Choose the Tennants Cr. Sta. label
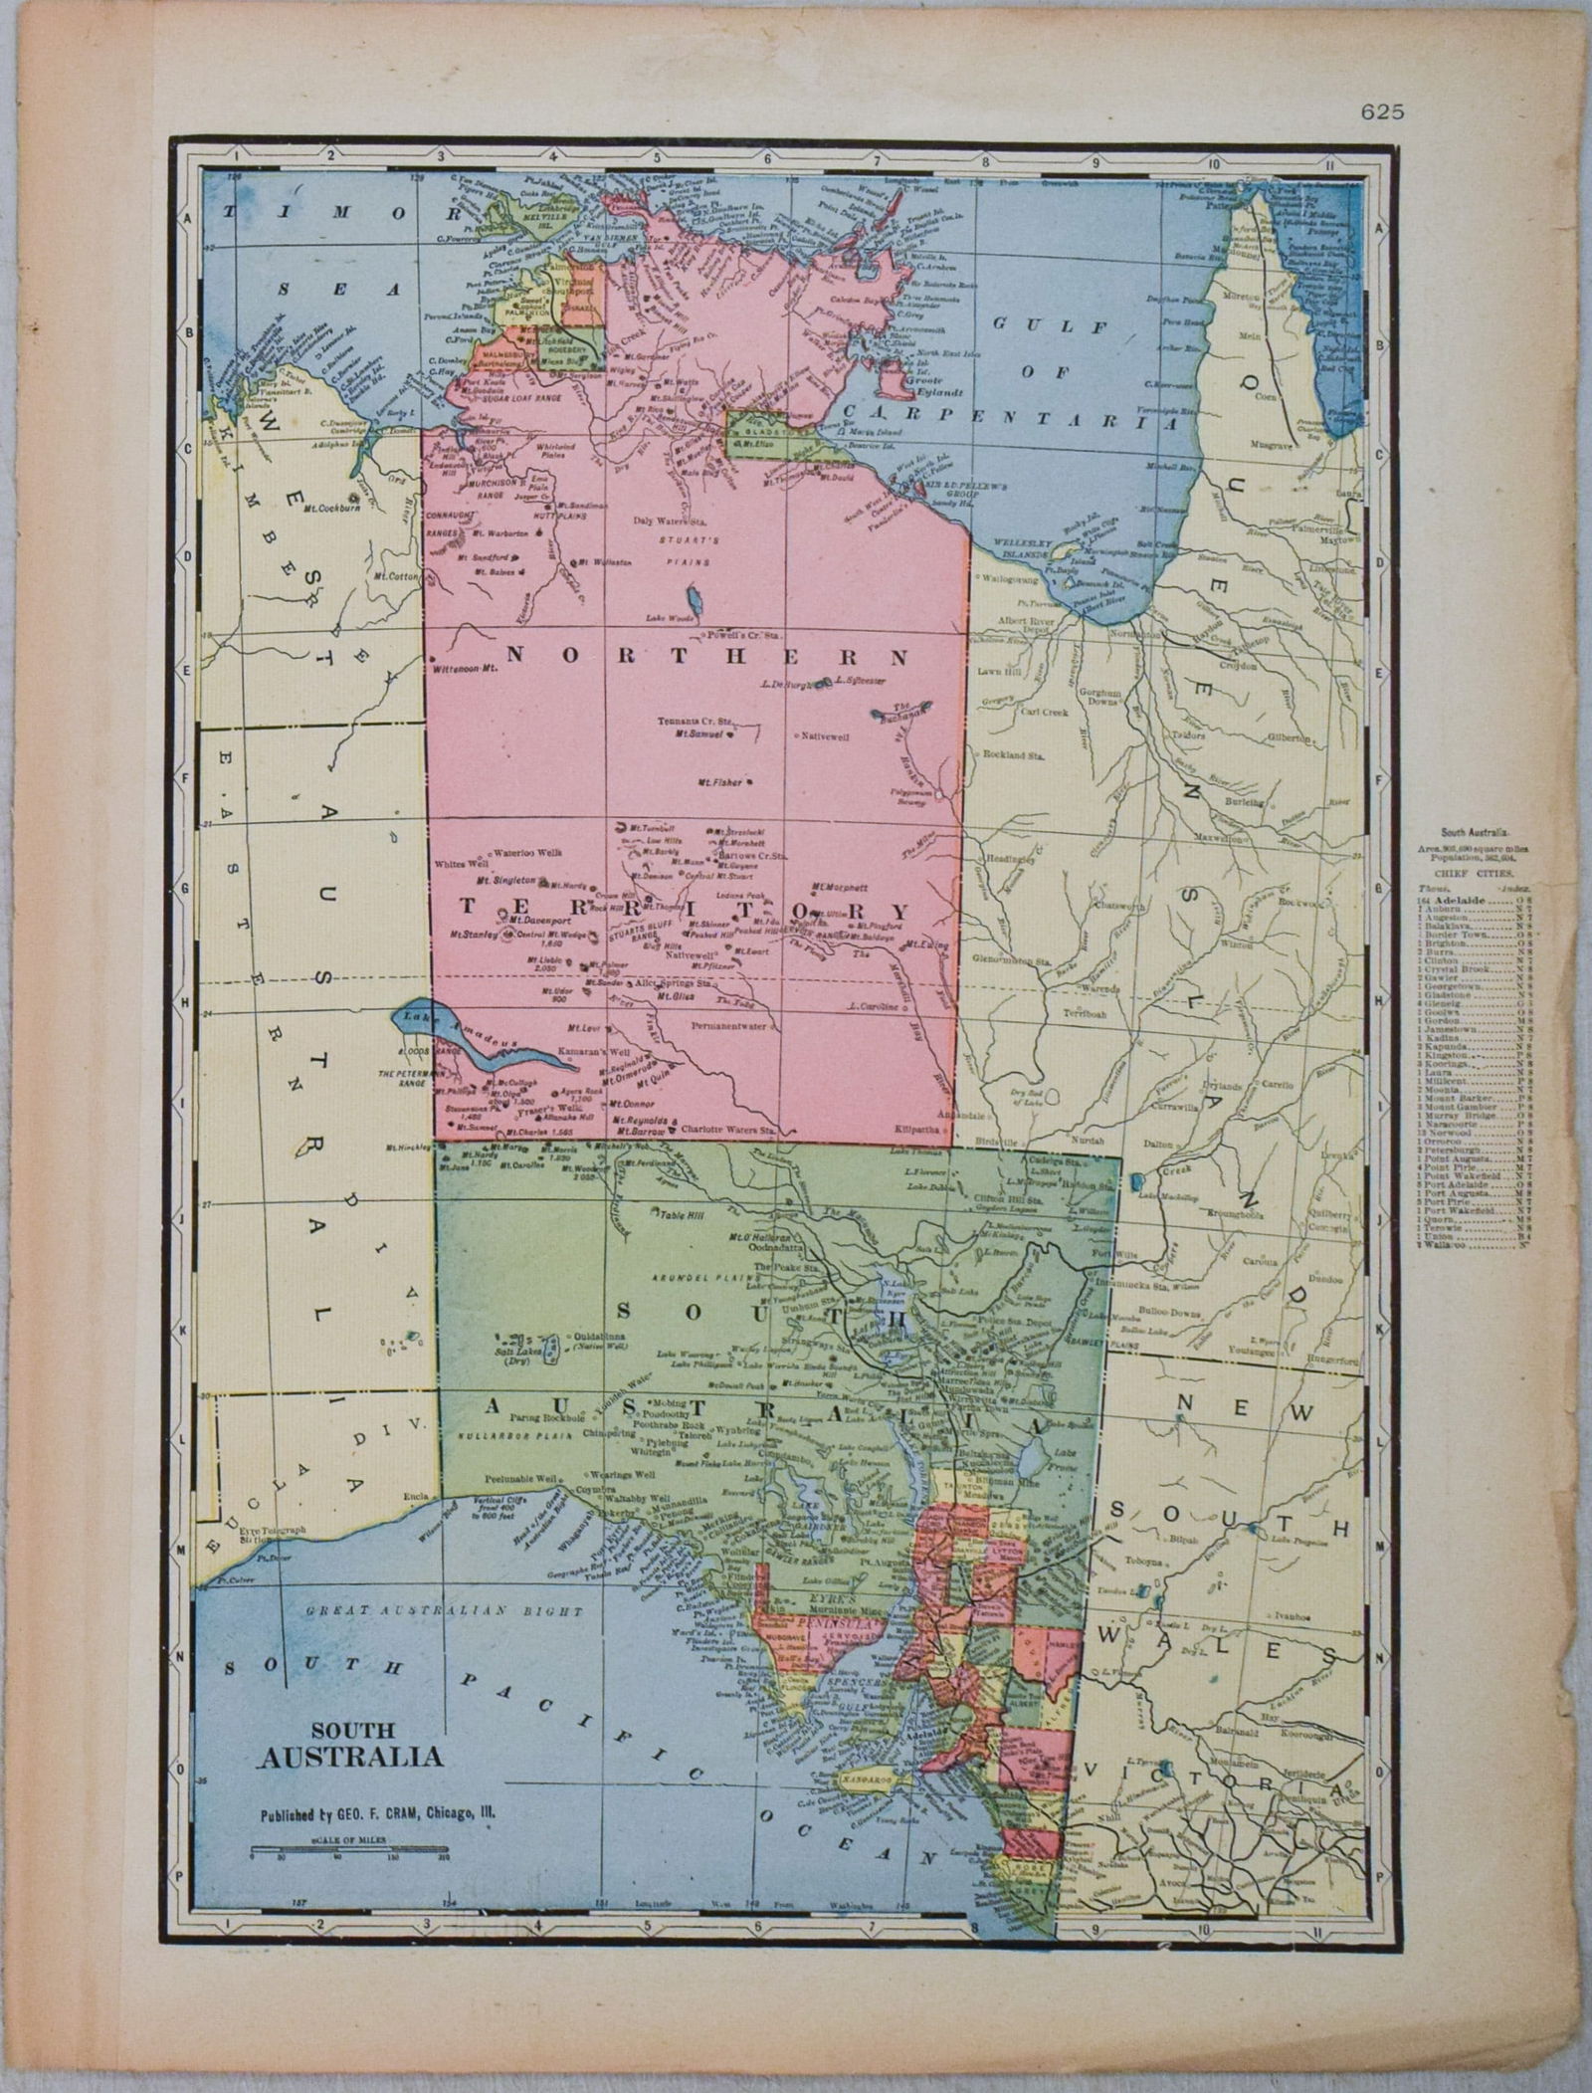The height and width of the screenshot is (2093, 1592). coord(695,722)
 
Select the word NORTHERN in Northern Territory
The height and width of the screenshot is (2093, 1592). coord(706,657)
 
